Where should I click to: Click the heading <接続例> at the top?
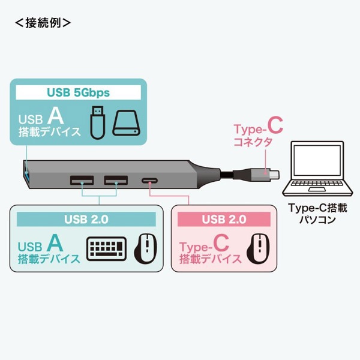[x=43, y=23]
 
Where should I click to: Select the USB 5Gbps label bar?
[x=78, y=93]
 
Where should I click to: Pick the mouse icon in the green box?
[x=144, y=248]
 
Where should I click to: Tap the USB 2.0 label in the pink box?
[x=224, y=220]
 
